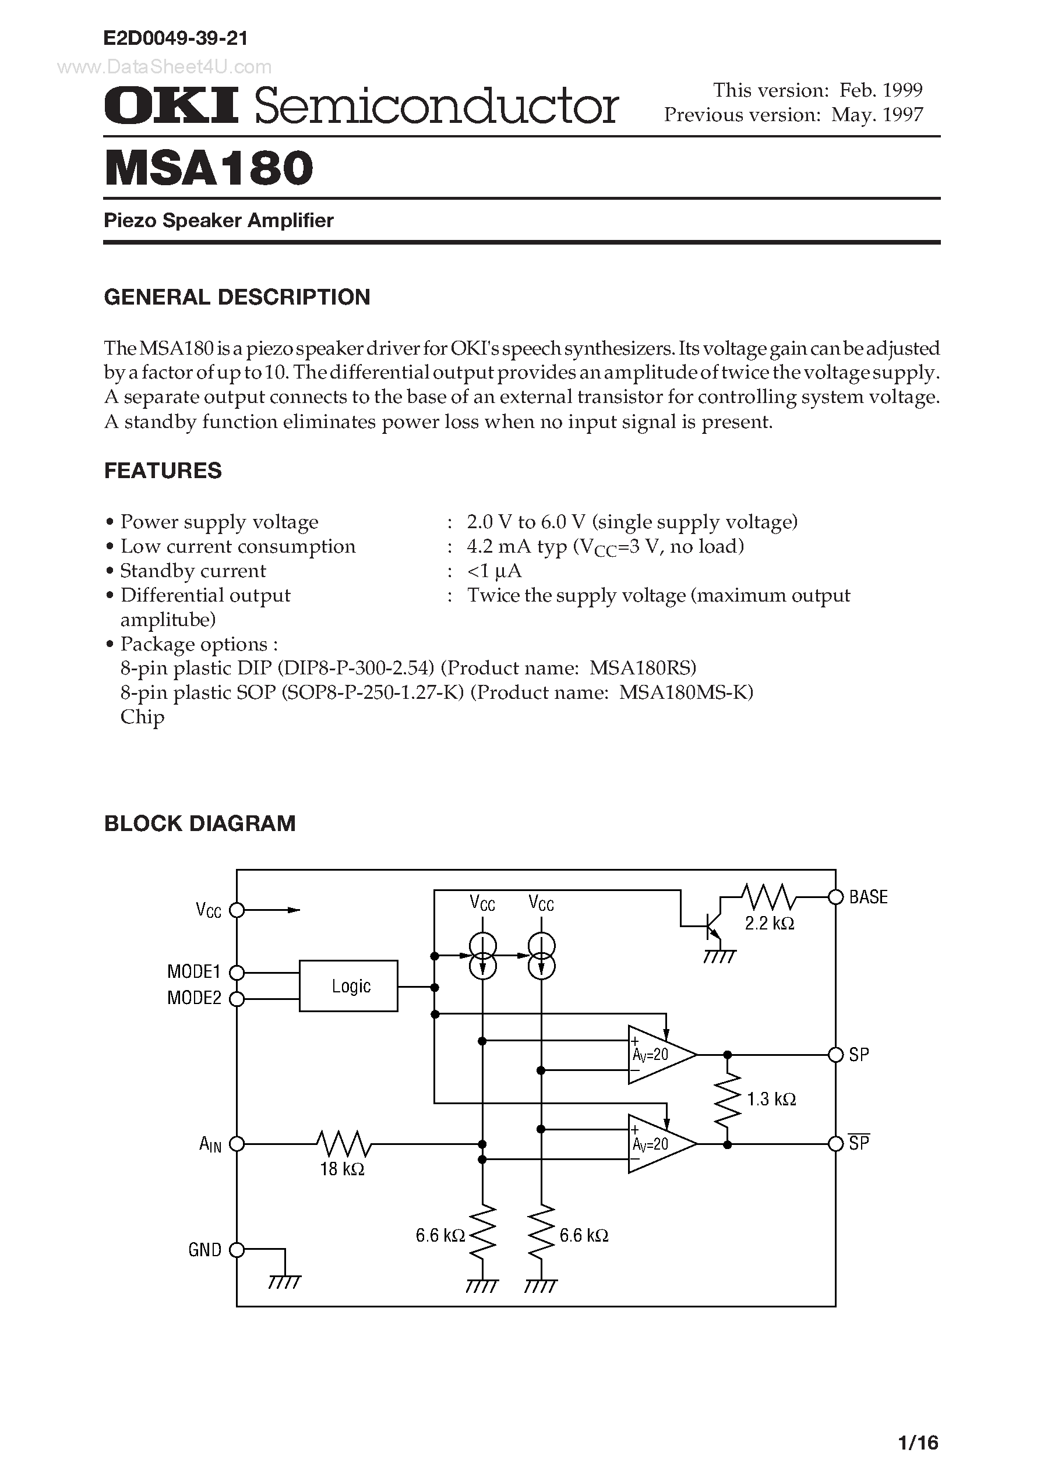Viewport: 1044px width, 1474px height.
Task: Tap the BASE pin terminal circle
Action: tap(835, 897)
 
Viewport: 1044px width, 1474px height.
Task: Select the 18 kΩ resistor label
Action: tap(342, 1169)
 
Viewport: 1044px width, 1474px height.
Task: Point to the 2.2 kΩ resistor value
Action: tap(770, 923)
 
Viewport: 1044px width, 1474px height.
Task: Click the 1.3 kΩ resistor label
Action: tap(771, 1100)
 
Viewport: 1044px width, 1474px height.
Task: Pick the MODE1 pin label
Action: tap(193, 971)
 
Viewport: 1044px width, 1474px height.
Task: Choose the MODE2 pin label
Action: tap(193, 998)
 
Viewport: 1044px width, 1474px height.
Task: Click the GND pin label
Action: tap(204, 1250)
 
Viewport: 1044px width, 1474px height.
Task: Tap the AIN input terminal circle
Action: tap(237, 1144)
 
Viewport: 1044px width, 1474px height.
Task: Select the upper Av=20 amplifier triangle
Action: tap(658, 1055)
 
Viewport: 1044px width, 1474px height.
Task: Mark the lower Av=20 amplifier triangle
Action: tap(658, 1144)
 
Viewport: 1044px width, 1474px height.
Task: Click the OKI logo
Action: tap(171, 105)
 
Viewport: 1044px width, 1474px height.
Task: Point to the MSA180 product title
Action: tap(209, 168)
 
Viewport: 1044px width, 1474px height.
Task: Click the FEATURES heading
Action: tap(163, 471)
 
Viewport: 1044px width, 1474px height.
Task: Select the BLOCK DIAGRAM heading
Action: tap(200, 823)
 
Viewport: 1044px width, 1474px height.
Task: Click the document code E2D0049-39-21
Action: tap(175, 38)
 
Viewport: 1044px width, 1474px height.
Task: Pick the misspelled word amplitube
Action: tap(168, 620)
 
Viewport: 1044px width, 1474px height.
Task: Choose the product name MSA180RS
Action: tap(642, 668)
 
